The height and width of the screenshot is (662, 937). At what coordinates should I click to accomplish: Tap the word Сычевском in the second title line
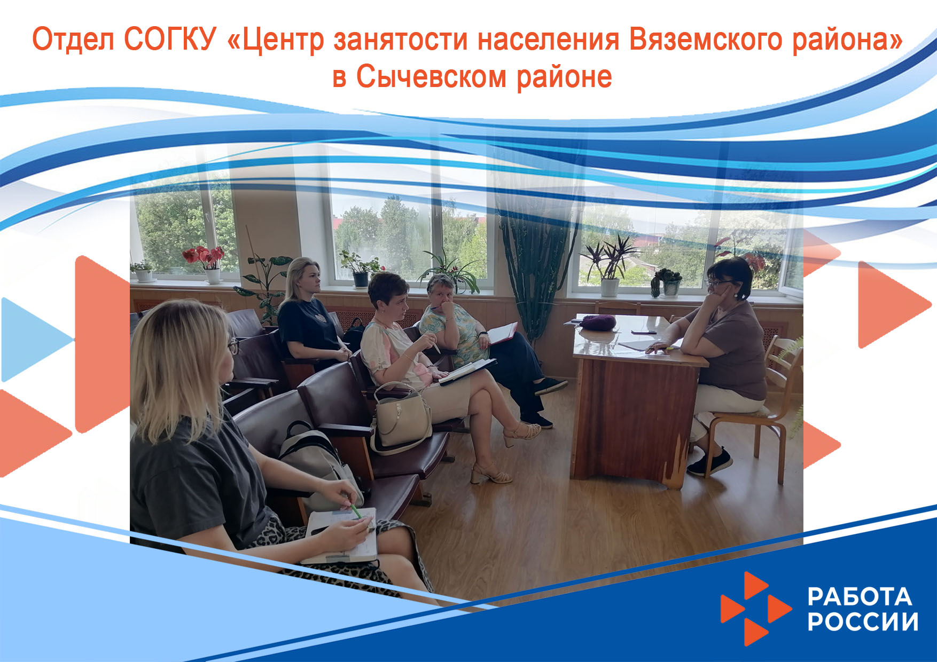pos(431,77)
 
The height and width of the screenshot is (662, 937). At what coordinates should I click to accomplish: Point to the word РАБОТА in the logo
pos(860,597)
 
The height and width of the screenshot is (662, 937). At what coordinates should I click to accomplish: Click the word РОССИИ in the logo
pos(863,621)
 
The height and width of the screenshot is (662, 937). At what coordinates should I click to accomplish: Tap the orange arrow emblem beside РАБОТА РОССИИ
pos(755,609)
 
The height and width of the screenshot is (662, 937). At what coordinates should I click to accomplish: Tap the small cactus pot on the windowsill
pos(666,282)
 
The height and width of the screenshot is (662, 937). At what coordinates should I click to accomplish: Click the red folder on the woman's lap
pos(502,333)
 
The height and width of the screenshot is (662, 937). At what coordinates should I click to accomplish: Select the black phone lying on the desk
pos(644,332)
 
